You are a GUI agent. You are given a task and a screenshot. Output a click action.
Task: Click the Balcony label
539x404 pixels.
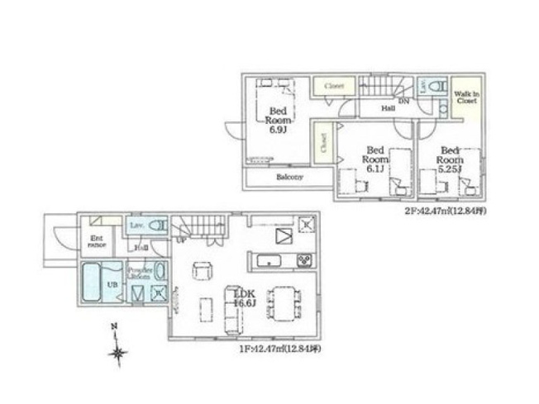(289, 177)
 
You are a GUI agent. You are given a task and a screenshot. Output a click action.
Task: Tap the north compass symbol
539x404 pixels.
(118, 353)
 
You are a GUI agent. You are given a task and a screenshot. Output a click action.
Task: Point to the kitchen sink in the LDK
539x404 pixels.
(269, 262)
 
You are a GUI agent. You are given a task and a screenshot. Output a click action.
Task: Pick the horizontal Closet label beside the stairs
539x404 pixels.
(334, 86)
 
